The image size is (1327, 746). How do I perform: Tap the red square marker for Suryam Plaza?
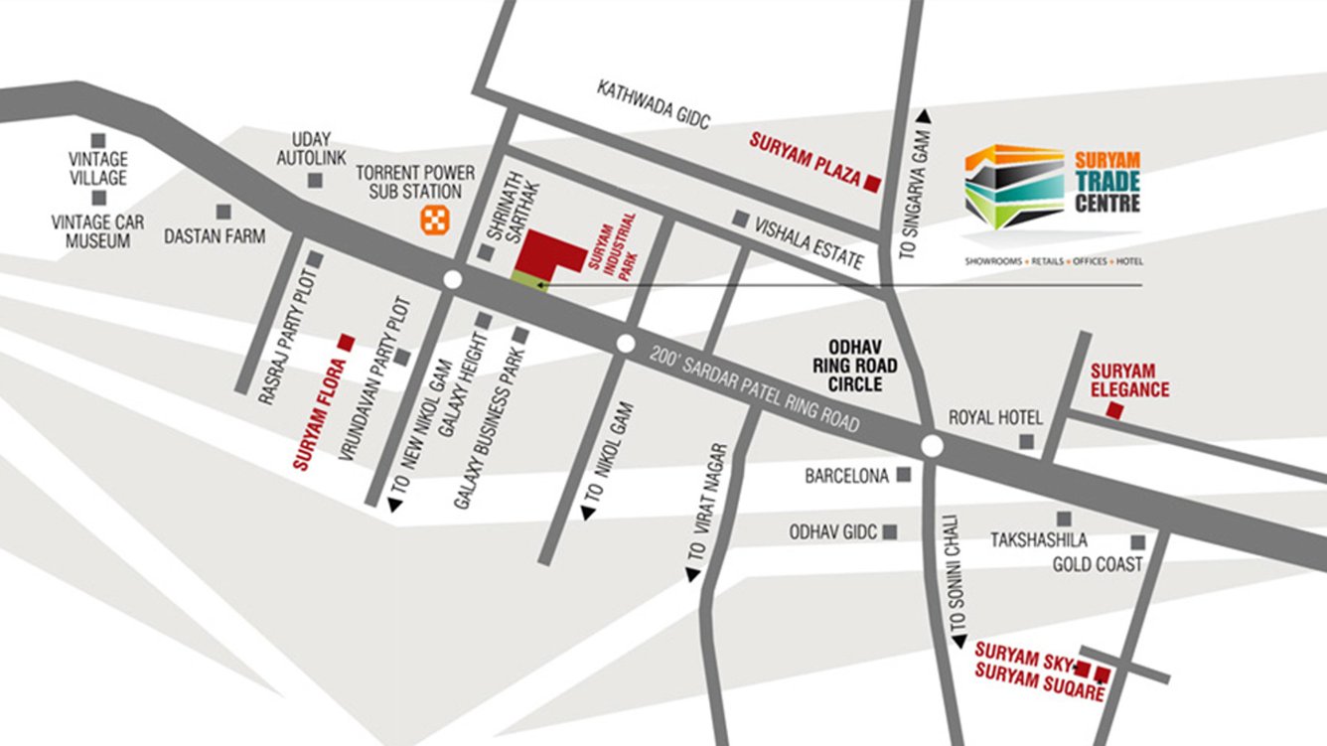[872, 183]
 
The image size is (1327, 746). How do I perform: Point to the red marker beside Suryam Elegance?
[1114, 411]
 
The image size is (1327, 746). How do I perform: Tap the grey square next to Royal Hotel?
[1027, 441]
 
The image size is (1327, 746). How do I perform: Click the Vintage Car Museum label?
[97, 230]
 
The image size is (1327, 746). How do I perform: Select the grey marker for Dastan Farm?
[223, 212]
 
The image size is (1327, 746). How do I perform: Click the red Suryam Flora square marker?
[346, 341]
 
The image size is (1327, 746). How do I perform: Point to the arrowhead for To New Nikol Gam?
[395, 506]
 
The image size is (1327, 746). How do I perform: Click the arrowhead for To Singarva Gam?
[924, 115]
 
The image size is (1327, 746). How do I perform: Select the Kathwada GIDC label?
[655, 104]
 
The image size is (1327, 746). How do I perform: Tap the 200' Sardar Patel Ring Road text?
[755, 387]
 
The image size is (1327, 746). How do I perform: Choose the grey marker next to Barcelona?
[904, 475]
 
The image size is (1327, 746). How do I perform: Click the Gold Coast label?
[1098, 564]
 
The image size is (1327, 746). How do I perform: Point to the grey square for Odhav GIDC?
[890, 532]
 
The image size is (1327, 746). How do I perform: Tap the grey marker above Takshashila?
[1064, 519]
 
